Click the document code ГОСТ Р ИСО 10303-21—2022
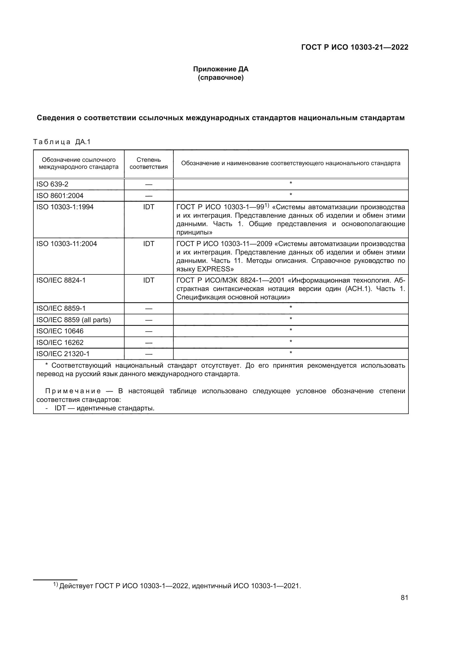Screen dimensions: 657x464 tap(355, 47)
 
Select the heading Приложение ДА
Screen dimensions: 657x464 tap(220, 69)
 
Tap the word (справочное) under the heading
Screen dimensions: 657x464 tap(220, 78)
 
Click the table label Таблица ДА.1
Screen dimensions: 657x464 tap(62, 142)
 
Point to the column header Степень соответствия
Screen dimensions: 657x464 tap(149, 163)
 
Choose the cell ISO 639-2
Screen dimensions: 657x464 tap(52, 184)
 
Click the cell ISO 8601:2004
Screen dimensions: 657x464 tap(60, 196)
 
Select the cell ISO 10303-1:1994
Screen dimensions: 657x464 tap(65, 207)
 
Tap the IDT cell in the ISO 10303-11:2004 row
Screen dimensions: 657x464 tap(149, 244)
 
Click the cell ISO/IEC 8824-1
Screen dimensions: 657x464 tap(61, 280)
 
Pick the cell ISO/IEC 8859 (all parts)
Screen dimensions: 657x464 tap(73, 320)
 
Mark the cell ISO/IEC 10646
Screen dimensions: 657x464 tap(60, 331)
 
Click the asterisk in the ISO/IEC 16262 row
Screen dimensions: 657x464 tap(291, 342)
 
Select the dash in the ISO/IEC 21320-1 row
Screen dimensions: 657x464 tap(149, 354)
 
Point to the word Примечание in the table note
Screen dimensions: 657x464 tap(73, 391)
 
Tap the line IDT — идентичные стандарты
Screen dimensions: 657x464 tap(104, 408)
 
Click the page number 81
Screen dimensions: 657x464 tap(404, 597)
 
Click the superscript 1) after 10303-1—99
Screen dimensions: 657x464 tap(267, 205)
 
